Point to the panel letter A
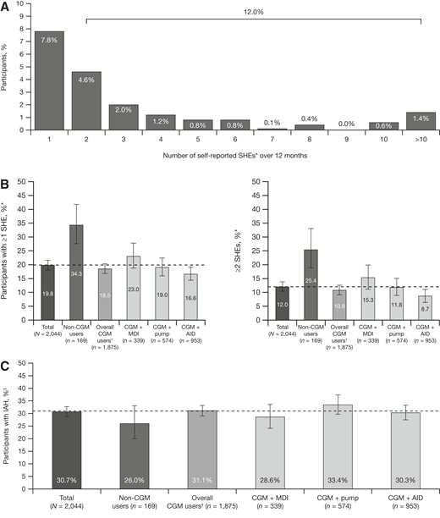[6, 8]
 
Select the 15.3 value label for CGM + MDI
[320, 300]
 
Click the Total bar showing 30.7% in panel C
[71, 423]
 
